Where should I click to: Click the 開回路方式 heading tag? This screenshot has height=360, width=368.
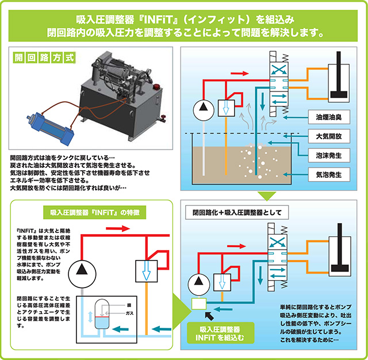(44, 58)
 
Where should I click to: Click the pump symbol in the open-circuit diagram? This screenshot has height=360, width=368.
(201, 107)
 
